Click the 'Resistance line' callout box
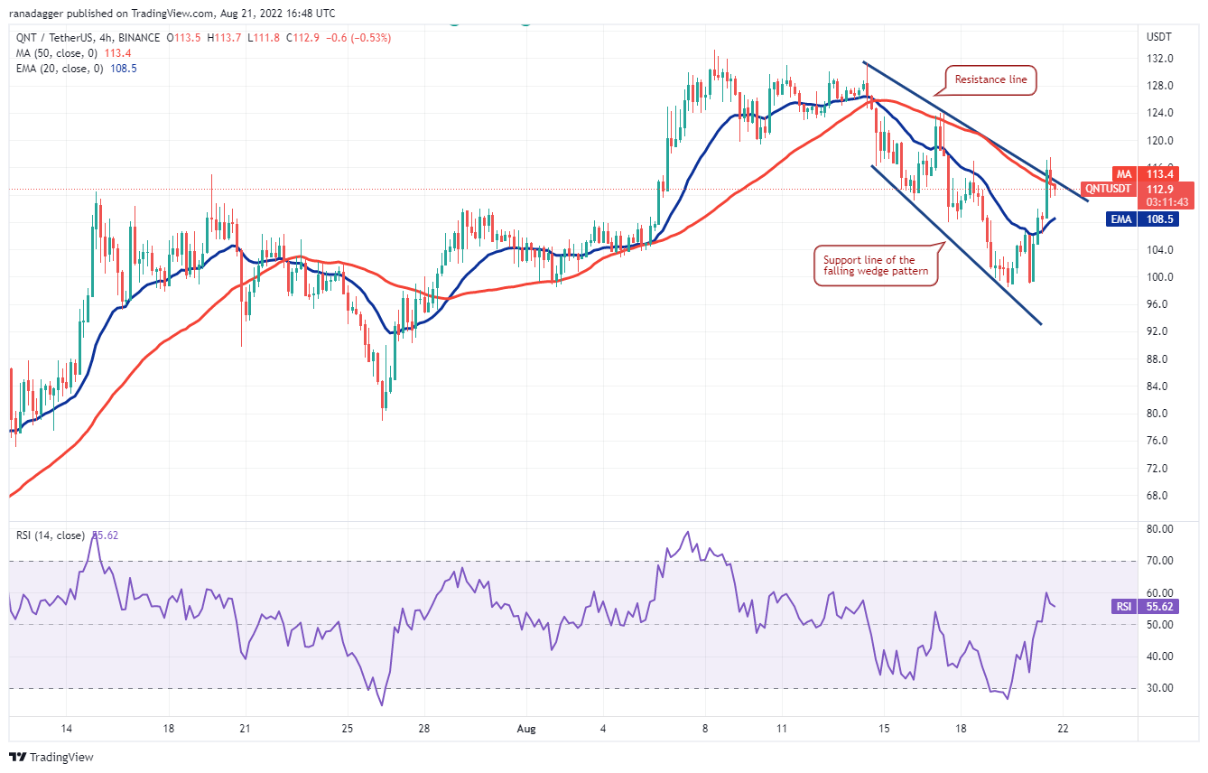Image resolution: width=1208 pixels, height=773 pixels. [x=991, y=79]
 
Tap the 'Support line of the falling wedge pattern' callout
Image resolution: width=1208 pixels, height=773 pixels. [x=875, y=265]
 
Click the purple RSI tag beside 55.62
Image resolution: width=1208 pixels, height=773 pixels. [x=1124, y=607]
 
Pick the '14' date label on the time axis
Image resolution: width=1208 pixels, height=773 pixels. [x=66, y=728]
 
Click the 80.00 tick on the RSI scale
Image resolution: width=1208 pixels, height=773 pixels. [x=1159, y=528]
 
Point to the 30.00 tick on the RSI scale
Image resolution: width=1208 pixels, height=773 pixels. [x=1159, y=688]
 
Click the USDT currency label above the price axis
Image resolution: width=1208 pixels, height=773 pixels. [x=1159, y=37]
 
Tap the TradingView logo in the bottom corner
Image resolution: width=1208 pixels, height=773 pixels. [x=53, y=757]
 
